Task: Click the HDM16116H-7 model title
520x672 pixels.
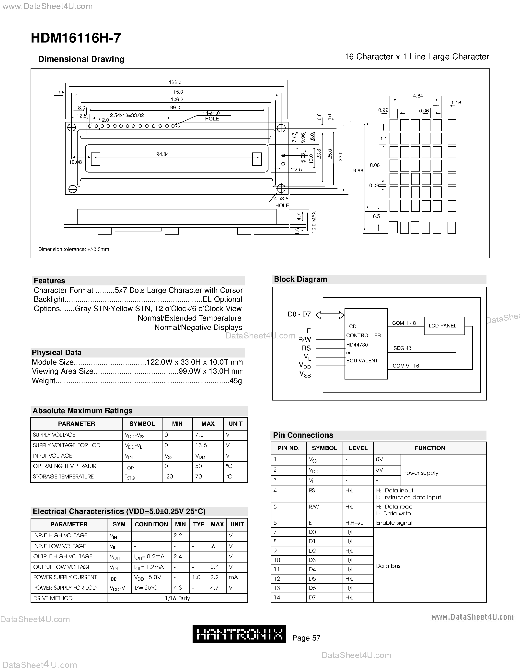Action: tap(76, 38)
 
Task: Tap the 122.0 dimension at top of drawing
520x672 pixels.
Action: tap(175, 82)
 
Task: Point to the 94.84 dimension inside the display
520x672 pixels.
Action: tap(162, 154)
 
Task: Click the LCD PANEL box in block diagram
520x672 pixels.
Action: tap(444, 325)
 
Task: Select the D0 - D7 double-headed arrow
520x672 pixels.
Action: tap(330, 315)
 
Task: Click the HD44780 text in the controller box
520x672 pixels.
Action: tap(357, 345)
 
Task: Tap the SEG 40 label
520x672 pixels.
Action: tap(402, 348)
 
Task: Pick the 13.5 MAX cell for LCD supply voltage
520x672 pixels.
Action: tap(201, 445)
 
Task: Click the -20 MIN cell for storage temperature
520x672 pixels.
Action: tap(169, 476)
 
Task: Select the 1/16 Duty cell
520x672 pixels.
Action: tap(177, 598)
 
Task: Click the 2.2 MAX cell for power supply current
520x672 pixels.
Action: tap(214, 577)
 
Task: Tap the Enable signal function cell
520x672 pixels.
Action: tap(394, 523)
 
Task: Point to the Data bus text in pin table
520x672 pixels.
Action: tap(388, 566)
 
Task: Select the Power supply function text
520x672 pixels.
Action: tap(420, 473)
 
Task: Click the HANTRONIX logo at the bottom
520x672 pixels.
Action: tap(239, 634)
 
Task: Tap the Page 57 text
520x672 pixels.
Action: tap(306, 638)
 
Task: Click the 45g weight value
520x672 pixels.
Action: tap(236, 381)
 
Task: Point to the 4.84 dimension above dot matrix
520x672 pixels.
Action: tap(418, 96)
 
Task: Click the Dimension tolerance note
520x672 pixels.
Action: tap(74, 249)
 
